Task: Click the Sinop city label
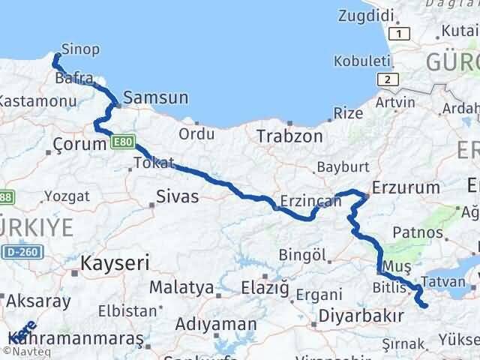[x=80, y=49]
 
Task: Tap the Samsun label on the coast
[x=155, y=97]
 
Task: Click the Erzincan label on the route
[x=306, y=201]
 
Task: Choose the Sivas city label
[x=177, y=197]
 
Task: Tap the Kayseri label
[x=115, y=263]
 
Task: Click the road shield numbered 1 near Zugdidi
[x=401, y=34]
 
